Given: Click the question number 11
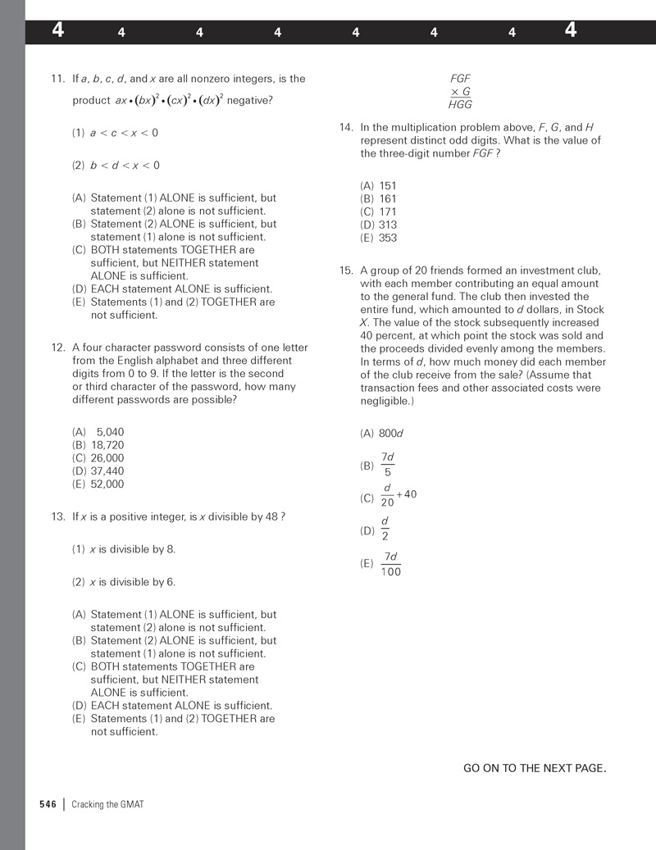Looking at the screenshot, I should click(57, 79).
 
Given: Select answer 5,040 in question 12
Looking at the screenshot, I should click(110, 432).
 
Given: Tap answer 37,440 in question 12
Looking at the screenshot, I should click(107, 471).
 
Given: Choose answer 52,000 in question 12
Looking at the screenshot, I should click(107, 484).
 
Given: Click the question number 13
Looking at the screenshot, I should click(57, 516).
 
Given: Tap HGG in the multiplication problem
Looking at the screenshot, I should click(460, 105).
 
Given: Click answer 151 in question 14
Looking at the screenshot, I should click(388, 186).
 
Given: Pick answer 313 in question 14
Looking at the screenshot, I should click(388, 225).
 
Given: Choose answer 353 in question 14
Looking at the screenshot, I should click(388, 238).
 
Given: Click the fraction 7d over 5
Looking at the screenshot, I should click(388, 465).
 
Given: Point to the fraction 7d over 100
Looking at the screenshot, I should click(391, 564).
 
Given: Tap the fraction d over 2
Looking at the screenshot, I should click(385, 530).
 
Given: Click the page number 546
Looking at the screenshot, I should click(48, 804).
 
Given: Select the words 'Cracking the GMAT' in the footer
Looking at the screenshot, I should click(107, 804).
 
